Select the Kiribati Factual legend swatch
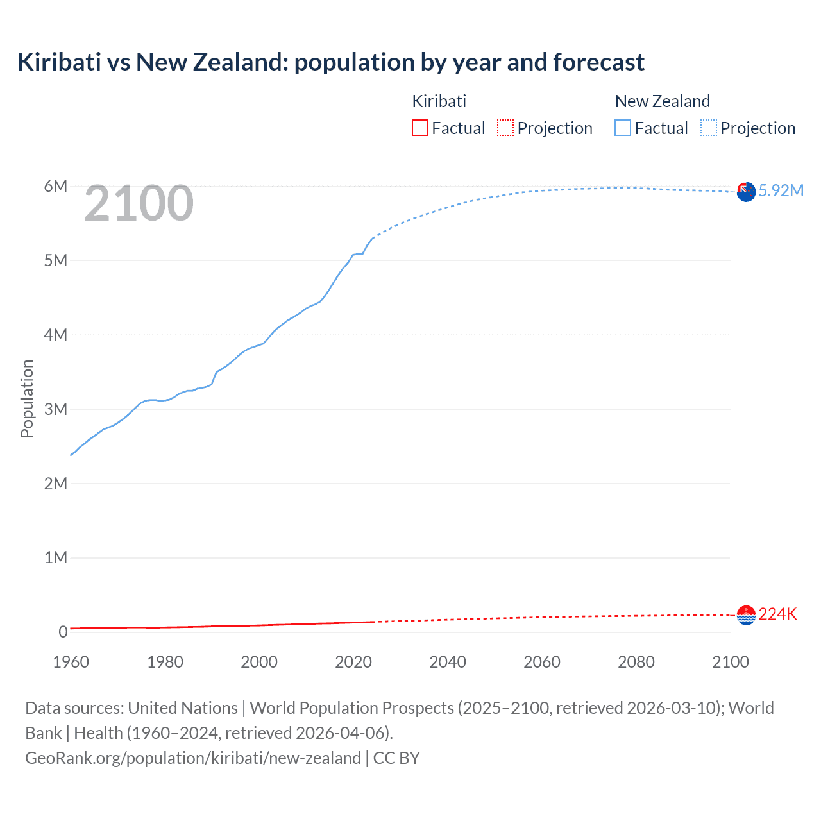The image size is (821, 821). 420,128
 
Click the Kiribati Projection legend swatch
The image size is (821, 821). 505,128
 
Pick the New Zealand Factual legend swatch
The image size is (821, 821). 623,128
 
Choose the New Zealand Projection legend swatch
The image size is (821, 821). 709,128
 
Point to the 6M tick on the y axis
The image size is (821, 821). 56,186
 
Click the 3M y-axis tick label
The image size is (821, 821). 56,409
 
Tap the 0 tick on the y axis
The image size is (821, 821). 63,632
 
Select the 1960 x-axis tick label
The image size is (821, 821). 71,662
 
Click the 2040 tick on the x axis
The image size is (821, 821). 448,662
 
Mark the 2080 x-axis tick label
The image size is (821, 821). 636,662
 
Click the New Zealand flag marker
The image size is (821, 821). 746,192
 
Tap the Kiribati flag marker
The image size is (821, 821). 746,615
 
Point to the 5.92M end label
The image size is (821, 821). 781,190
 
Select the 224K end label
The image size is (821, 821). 777,614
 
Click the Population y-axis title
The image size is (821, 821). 27,398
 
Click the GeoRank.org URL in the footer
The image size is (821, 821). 192,758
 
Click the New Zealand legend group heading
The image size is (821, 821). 663,101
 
